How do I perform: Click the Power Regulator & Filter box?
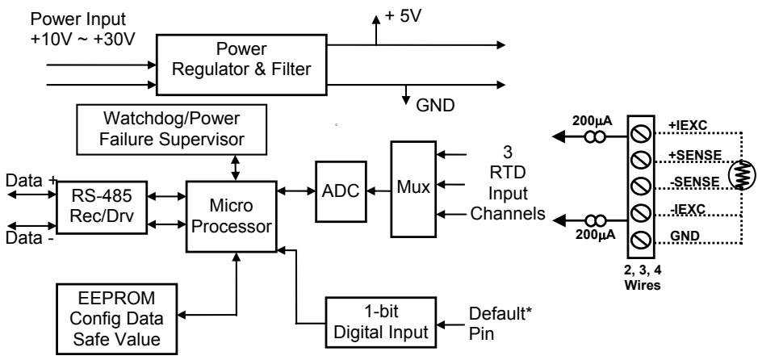coord(241,65)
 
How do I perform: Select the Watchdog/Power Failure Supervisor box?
coord(172,130)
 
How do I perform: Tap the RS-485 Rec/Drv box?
coord(102,207)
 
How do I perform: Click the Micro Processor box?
coord(232,216)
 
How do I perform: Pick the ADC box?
coord(341,191)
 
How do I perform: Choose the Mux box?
coord(413,189)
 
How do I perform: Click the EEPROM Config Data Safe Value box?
coord(116,319)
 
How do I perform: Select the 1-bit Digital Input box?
coord(381,322)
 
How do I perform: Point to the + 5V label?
coord(403,16)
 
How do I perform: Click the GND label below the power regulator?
coord(436,105)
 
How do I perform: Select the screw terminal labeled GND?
coord(641,239)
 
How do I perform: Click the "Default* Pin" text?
coord(500,323)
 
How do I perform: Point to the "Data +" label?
coord(31,181)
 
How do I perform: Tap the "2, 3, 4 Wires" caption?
coord(643,278)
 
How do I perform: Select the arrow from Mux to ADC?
coord(379,191)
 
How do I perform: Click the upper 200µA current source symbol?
coord(595,138)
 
